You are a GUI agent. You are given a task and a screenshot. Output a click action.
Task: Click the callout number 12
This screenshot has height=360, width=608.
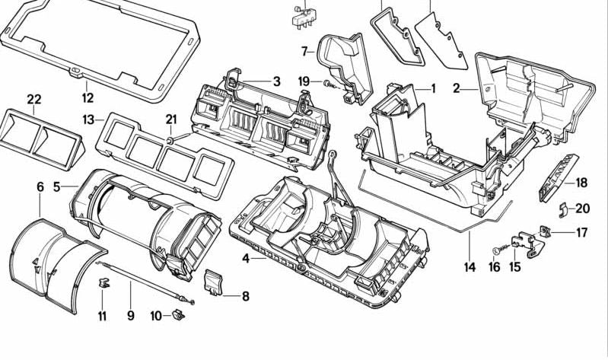click(x=88, y=97)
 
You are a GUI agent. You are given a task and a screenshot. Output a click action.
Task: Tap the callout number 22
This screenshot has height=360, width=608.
click(x=33, y=99)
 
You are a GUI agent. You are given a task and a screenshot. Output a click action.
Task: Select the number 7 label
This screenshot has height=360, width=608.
click(x=304, y=52)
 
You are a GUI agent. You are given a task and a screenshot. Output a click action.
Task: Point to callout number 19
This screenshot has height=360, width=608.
click(x=304, y=82)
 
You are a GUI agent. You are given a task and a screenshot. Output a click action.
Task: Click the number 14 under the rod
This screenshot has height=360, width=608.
click(x=470, y=267)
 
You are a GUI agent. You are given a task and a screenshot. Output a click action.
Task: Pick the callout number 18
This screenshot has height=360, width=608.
click(x=582, y=183)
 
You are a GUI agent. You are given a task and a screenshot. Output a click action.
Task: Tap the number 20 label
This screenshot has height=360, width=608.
click(x=583, y=209)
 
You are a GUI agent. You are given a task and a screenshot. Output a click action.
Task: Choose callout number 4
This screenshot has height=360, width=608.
click(x=245, y=259)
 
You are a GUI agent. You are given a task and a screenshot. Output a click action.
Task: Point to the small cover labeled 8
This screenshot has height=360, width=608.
click(x=214, y=282)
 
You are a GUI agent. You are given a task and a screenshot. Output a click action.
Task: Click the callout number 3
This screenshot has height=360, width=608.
click(x=276, y=82)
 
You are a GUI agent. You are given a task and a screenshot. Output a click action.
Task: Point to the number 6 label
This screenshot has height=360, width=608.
click(x=40, y=186)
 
